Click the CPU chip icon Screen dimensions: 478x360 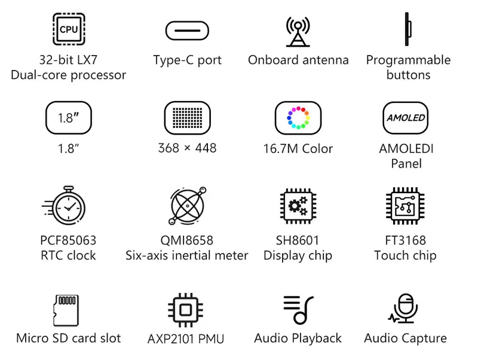pos(69,29)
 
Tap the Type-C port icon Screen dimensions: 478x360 pos(187,30)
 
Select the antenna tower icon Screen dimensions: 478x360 pos(298,32)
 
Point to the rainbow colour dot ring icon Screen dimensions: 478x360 pos(298,118)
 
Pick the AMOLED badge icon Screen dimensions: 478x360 pos(406,118)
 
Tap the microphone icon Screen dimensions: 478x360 pos(403,309)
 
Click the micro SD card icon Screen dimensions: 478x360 pos(66,310)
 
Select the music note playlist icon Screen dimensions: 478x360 pos(298,310)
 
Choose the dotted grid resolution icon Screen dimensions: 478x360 pos(188,118)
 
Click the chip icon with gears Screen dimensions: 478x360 pos(298,206)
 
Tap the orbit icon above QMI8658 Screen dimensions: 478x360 pos(188,206)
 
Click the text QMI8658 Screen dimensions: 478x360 pos(187,240)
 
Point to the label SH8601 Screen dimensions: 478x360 pos(298,240)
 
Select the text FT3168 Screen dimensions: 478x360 pos(406,240)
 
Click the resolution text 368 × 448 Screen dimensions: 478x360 pos(187,148)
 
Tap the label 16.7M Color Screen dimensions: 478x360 pos(298,149)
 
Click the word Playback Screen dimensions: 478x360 pos(317,338)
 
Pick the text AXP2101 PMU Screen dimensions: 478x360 pos(186,339)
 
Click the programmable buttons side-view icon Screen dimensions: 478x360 pos(407,29)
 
